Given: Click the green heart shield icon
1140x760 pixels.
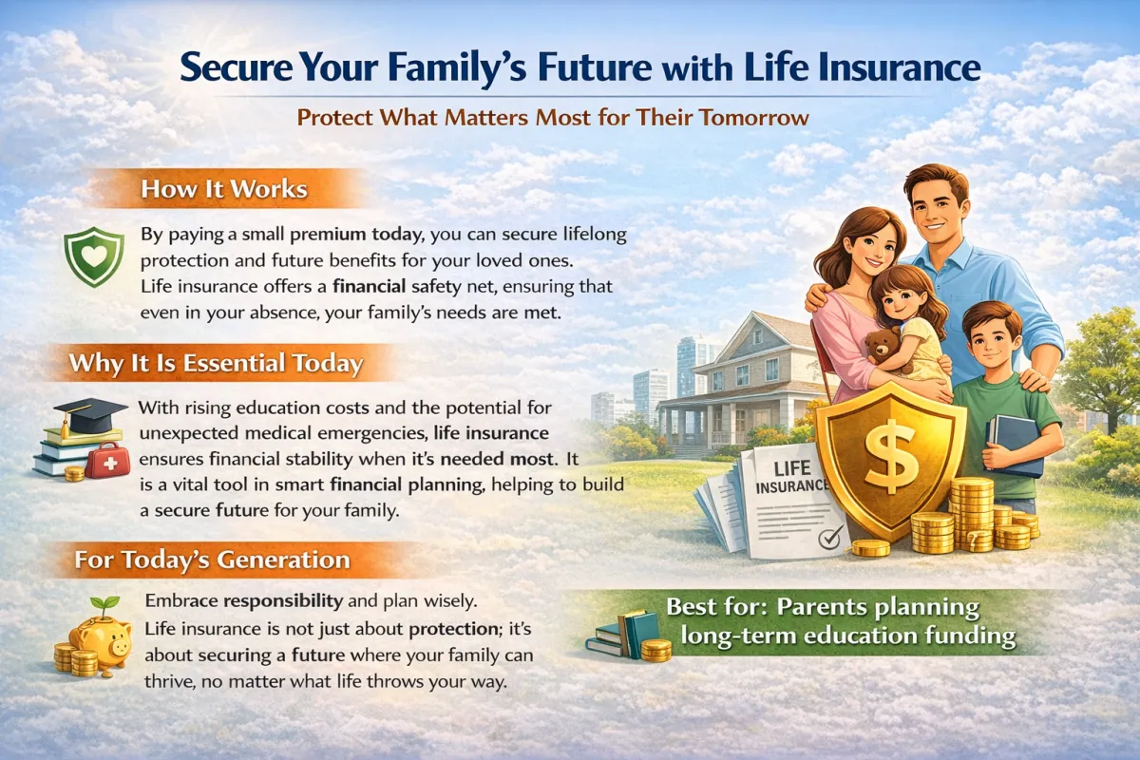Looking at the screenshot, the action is pos(94,257).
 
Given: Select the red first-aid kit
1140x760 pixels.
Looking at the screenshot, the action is pos(108,460).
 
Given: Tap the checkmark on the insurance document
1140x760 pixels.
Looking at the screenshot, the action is pos(830,537).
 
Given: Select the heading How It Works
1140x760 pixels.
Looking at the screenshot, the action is pos(224,189).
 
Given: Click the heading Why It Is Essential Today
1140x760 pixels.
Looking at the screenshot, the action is pos(217,364).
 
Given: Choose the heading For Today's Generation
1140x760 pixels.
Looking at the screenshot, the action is pos(213,560).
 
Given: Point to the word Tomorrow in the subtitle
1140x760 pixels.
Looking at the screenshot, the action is pos(753,118).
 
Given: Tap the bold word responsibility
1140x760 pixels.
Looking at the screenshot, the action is pos(283,601).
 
